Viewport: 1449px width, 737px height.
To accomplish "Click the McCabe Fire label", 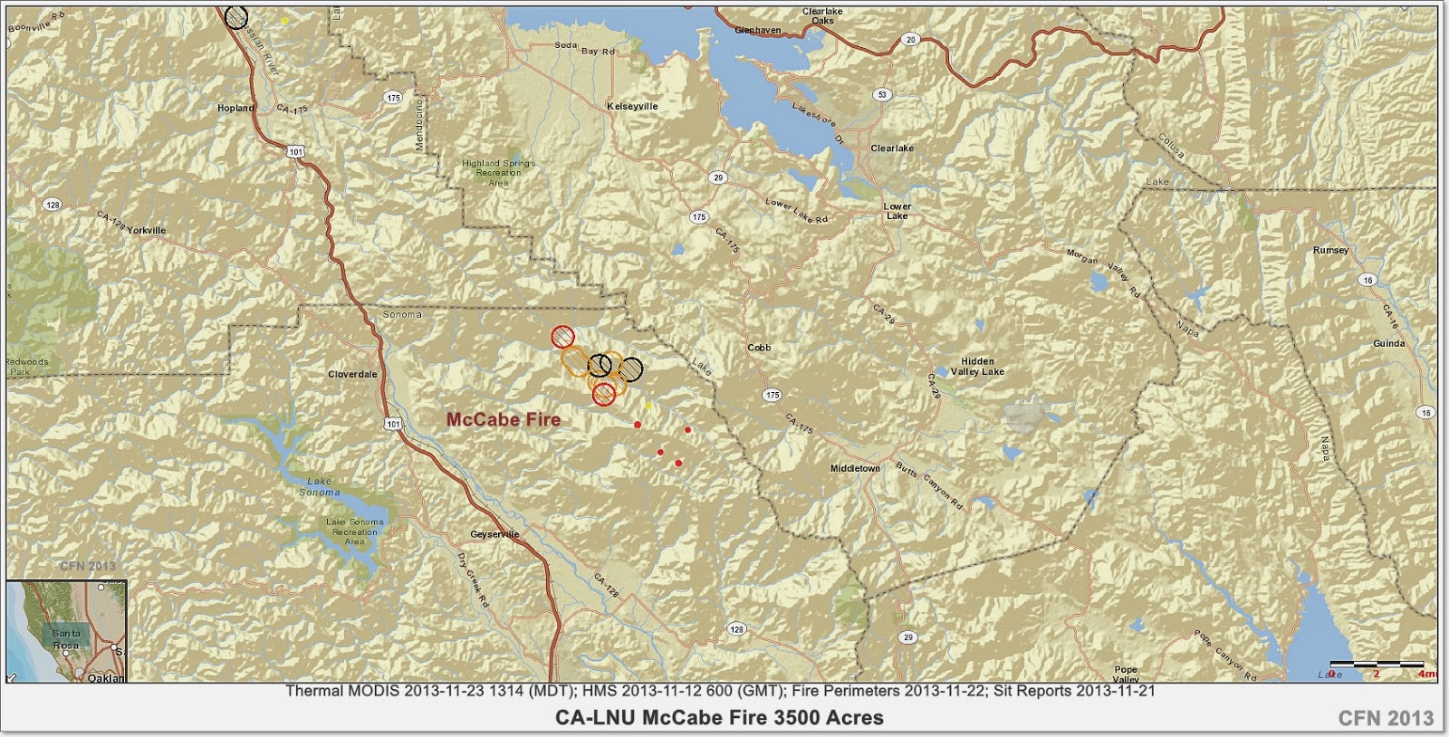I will [x=504, y=420].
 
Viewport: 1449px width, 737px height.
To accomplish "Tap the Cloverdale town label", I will [x=352, y=374].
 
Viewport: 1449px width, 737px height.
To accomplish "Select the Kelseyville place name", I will [x=632, y=106].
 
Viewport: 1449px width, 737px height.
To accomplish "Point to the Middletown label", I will [x=855, y=469].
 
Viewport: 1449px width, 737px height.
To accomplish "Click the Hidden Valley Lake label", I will [x=977, y=367].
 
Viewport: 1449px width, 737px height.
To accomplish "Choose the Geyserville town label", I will [x=495, y=534].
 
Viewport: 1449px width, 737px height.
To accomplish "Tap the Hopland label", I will [x=235, y=108].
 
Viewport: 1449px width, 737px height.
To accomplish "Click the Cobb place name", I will [x=759, y=348].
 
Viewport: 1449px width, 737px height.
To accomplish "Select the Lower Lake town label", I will [x=897, y=211].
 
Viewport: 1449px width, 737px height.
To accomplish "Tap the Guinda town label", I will [x=1388, y=344].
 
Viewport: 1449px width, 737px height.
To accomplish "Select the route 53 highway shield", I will [x=880, y=94].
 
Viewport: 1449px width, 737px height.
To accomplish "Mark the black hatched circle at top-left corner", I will [x=236, y=16].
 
